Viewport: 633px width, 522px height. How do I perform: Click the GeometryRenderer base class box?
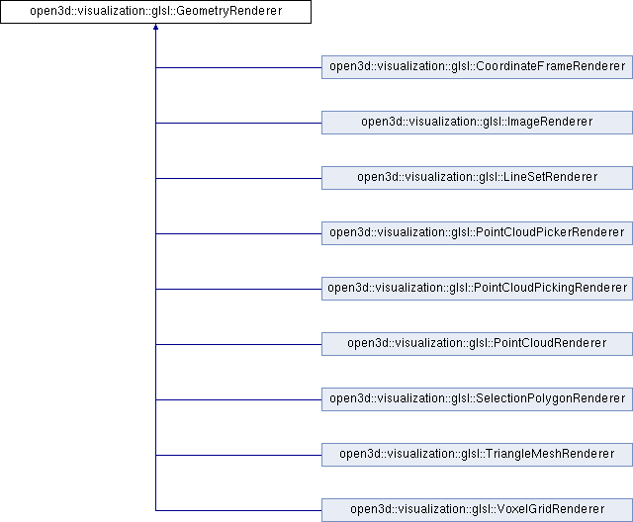(155, 11)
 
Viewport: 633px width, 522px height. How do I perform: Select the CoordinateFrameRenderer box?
(477, 67)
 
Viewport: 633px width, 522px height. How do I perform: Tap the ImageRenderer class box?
(477, 123)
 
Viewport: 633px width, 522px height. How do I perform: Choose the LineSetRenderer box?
(477, 178)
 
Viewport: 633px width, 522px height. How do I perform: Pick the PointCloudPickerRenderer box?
(477, 232)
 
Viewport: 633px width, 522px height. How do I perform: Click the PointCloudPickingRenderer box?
(477, 289)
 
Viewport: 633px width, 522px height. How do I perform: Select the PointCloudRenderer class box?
(477, 344)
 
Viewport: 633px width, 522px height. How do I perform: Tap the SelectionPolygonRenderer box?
(477, 399)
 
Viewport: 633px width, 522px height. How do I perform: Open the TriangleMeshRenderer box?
(477, 454)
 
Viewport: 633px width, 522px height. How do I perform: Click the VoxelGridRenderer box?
(477, 510)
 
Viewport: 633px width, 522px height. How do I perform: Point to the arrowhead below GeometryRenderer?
(155, 27)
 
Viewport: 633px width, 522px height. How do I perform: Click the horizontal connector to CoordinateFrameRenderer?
(238, 67)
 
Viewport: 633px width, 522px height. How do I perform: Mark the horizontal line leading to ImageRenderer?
(238, 123)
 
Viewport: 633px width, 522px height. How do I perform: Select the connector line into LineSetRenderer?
(238, 178)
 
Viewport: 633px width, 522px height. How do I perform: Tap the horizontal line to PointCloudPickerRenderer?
(238, 233)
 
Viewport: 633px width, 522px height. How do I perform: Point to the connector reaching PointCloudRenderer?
(238, 344)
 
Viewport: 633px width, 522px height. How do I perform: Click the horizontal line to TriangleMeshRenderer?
(238, 455)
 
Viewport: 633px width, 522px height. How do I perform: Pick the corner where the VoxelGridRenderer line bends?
(155, 510)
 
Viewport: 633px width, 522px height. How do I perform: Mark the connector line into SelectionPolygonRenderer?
(238, 399)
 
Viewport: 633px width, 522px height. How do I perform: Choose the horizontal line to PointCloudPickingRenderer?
(238, 289)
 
